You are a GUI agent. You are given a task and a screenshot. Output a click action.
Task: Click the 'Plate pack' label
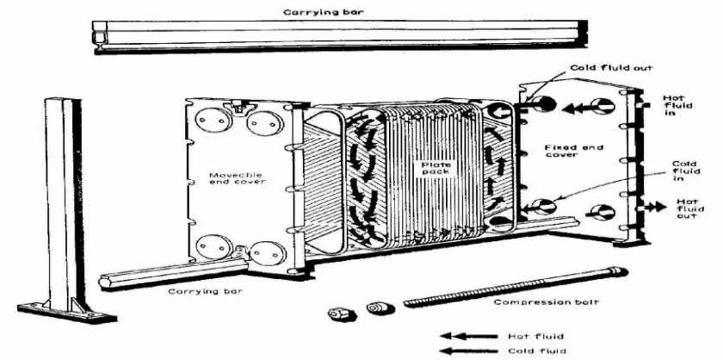(x=436, y=168)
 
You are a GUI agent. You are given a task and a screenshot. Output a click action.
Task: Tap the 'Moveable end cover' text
(x=236, y=178)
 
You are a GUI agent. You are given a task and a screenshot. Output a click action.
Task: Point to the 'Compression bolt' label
(x=546, y=302)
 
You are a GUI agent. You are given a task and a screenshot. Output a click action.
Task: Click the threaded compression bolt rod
(x=516, y=286)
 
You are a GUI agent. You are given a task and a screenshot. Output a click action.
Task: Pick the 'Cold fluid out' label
(x=611, y=68)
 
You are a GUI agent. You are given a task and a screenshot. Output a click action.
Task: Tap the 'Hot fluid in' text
(x=677, y=105)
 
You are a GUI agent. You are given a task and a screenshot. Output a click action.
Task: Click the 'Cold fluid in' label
(x=685, y=171)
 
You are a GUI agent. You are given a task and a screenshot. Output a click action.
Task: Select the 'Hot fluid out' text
(x=689, y=208)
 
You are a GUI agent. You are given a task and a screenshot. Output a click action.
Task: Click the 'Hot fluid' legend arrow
(x=469, y=336)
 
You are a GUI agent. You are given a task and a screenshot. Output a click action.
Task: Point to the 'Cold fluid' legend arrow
(x=469, y=351)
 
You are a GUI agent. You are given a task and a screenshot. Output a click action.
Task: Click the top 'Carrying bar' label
(x=324, y=12)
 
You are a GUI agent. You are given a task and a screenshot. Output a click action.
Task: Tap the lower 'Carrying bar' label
(x=205, y=291)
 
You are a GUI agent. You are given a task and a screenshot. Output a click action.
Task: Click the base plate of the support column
(x=67, y=313)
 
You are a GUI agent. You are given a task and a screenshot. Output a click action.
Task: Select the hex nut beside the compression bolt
(x=343, y=314)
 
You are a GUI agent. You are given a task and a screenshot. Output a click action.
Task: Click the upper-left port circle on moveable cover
(x=213, y=121)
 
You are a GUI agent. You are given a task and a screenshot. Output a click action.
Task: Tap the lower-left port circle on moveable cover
(x=214, y=247)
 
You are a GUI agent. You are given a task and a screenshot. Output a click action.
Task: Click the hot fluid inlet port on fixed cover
(x=602, y=107)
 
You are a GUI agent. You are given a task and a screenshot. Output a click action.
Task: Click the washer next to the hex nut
(x=380, y=307)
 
